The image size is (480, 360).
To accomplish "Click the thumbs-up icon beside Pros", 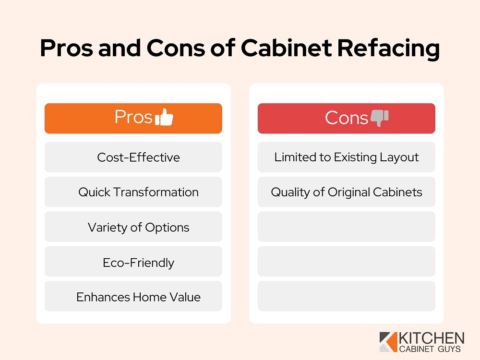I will tap(165, 117).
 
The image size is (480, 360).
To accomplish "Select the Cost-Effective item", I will tap(138, 157).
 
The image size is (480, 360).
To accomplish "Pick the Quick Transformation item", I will tap(138, 192).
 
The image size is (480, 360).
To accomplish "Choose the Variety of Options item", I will tap(138, 227).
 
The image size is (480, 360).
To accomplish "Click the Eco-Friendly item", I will tap(138, 263).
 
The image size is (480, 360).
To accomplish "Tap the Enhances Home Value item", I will tap(138, 297).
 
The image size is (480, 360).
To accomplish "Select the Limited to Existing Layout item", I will tap(347, 157).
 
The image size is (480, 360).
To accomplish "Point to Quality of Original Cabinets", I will tap(347, 192).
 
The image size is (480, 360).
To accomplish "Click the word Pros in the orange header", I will tap(133, 117).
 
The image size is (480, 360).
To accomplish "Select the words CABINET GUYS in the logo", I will tap(430, 349).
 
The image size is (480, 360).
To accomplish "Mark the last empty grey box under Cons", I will tap(347, 296).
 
